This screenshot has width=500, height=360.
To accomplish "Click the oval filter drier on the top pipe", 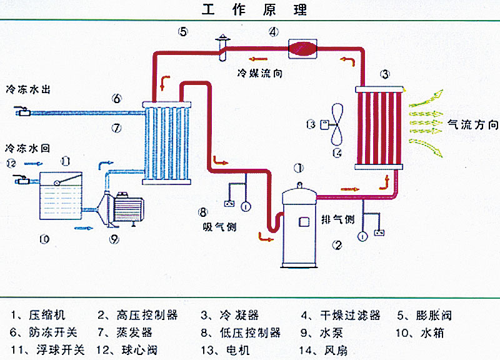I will [304, 49].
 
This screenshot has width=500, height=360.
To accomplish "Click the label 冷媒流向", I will [259, 73].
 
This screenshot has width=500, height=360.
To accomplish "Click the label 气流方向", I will [472, 124].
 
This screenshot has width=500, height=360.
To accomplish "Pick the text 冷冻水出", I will [28, 90].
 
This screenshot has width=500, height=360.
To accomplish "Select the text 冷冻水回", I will [28, 148].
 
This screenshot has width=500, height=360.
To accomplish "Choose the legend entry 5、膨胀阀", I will [424, 315].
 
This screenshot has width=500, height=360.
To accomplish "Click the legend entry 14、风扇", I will [322, 349].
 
